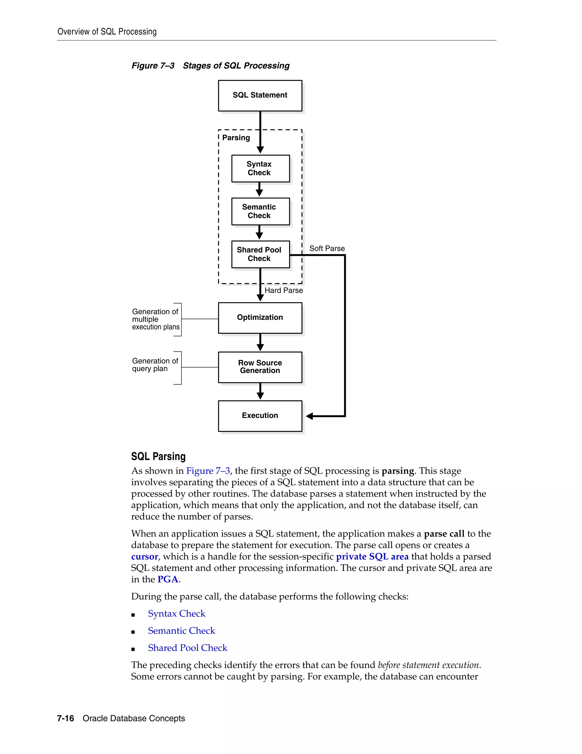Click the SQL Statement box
[x=260, y=95]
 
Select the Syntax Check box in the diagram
[x=260, y=168]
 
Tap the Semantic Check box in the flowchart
[x=260, y=211]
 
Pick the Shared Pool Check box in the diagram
[x=260, y=254]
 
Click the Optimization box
[x=260, y=318]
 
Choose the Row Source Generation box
[x=260, y=367]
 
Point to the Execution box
[x=260, y=416]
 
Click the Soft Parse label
[x=327, y=249]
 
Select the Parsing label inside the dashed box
[x=236, y=138]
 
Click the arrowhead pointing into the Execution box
[x=309, y=416]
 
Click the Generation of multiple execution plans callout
[x=155, y=319]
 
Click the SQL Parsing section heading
[x=158, y=456]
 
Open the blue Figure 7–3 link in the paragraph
[x=208, y=471]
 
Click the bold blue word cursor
[x=144, y=557]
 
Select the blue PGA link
[x=168, y=579]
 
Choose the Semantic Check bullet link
[x=181, y=631]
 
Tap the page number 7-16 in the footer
[x=66, y=718]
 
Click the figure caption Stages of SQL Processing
[x=236, y=66]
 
